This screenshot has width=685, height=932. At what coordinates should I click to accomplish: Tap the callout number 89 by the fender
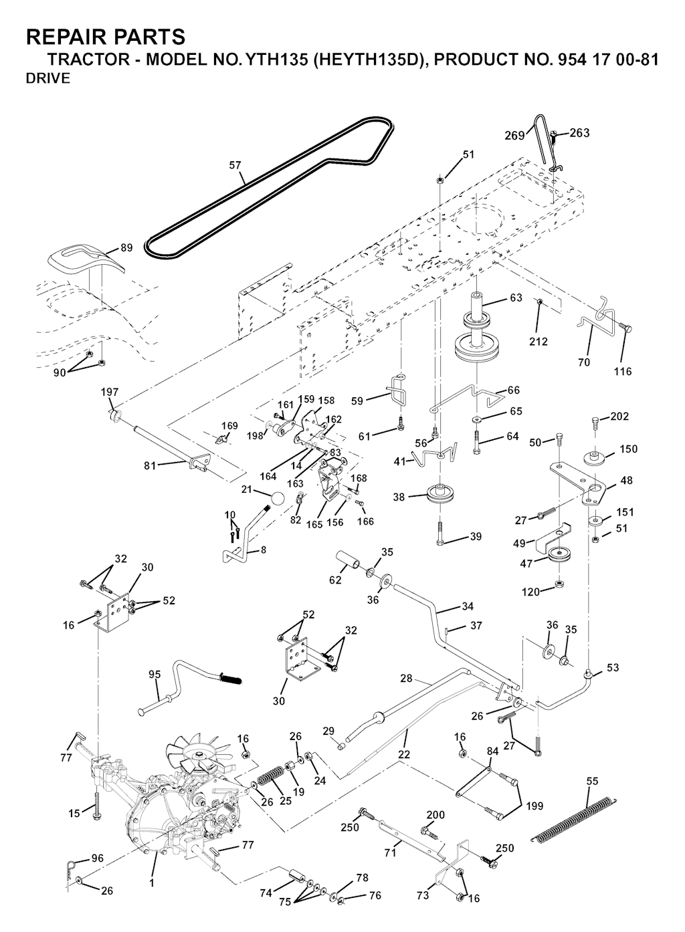[126, 248]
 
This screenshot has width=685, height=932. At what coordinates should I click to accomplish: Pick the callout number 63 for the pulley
[516, 298]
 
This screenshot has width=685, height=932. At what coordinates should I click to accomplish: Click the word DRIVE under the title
[47, 79]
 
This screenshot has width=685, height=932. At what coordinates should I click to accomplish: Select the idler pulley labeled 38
[439, 495]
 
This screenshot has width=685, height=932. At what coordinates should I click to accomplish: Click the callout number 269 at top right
[514, 136]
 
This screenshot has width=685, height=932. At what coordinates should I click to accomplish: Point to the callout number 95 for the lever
[154, 675]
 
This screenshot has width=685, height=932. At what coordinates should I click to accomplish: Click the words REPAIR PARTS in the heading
[105, 36]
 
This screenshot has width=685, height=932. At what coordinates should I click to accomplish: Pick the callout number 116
[623, 372]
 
